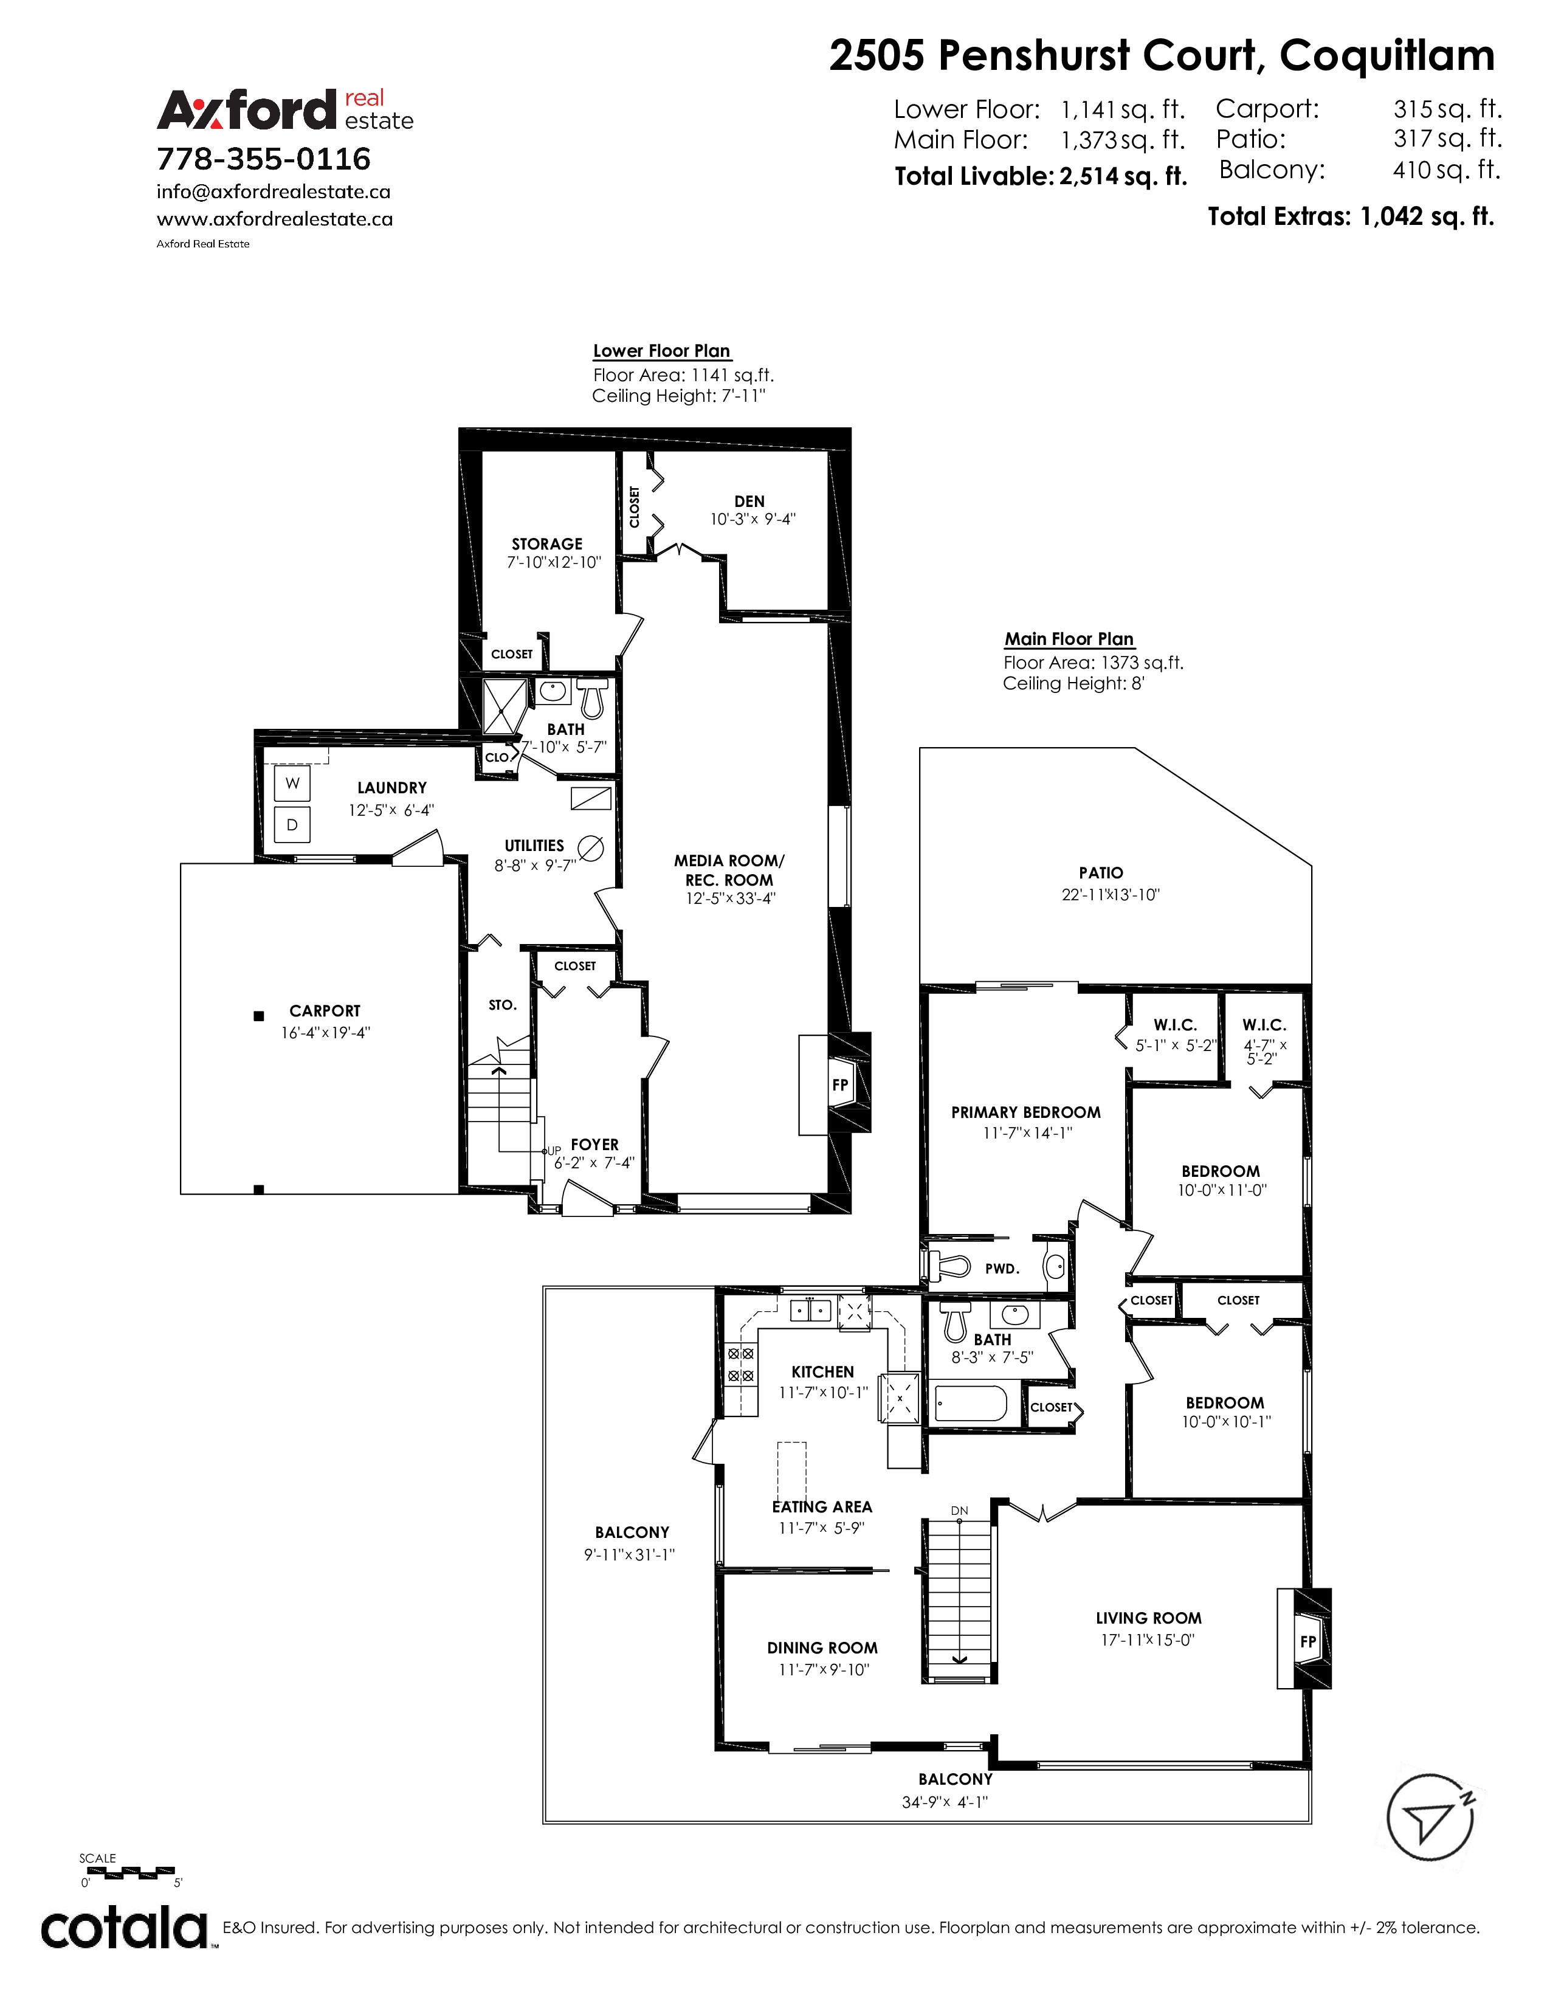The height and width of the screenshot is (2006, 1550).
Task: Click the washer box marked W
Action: click(x=292, y=784)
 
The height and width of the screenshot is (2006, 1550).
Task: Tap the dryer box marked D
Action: click(x=292, y=825)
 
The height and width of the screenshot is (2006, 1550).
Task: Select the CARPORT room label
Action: click(x=325, y=1010)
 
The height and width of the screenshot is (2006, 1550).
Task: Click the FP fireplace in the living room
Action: click(x=1304, y=1639)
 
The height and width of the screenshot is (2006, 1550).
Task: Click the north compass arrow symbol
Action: click(x=1430, y=1819)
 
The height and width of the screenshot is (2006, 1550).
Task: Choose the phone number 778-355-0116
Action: click(x=264, y=159)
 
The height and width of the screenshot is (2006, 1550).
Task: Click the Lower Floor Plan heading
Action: click(x=661, y=351)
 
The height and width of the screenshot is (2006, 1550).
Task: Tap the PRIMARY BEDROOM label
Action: click(x=1025, y=1112)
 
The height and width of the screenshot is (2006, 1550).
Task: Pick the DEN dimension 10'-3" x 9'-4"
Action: click(x=752, y=519)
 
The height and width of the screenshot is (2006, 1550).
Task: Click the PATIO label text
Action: click(x=1101, y=872)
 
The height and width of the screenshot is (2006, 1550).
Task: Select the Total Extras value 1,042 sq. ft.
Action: click(x=1427, y=217)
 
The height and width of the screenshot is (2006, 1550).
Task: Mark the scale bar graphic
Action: click(x=128, y=1871)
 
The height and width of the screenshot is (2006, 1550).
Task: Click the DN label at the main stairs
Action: click(x=960, y=1510)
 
